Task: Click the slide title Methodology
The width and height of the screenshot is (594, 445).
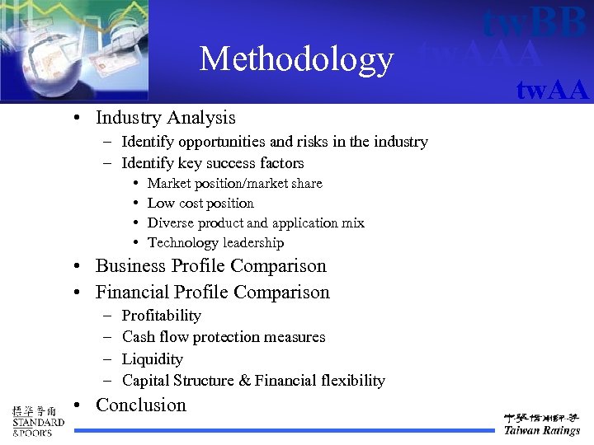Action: pos(296,59)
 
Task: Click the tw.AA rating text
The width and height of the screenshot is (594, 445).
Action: pos(552,89)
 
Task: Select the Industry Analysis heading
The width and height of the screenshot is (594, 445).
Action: pos(165,118)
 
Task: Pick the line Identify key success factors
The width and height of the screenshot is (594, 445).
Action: pos(213,163)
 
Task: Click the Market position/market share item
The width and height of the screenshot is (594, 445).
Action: pos(234,183)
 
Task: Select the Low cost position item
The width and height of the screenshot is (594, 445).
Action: pos(200,203)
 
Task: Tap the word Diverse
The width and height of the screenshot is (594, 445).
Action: pos(170,222)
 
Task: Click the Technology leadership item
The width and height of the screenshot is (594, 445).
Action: pos(215,242)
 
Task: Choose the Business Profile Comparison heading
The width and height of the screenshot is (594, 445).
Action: pos(210,266)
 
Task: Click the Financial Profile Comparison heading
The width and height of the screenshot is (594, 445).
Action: pos(212,293)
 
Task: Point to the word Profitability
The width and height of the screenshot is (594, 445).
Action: pos(161,316)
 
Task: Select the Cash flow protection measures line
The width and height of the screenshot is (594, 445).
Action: pos(224,337)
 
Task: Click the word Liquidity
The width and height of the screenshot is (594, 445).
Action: pos(153,359)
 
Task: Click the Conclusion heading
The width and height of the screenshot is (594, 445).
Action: pos(141,405)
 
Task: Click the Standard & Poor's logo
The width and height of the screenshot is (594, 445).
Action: pos(37,420)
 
